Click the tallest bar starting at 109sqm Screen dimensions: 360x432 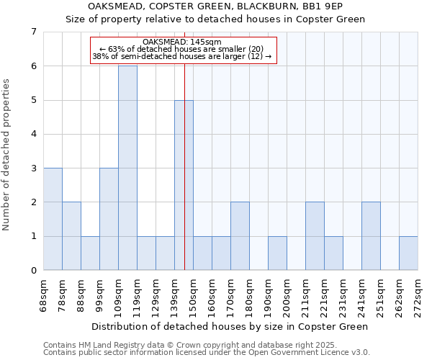coord(127,168)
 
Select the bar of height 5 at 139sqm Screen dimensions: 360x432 coord(184,185)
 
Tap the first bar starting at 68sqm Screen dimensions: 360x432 coord(53,219)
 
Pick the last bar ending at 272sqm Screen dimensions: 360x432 coord(408,253)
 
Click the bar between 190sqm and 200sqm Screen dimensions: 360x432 coord(277,253)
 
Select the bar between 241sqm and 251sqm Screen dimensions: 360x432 coord(371,236)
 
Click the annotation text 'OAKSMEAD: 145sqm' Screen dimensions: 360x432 coord(183,42)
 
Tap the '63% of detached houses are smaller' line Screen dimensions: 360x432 coord(183,49)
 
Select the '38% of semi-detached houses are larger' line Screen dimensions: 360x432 coord(183,56)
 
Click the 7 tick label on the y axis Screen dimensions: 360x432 coord(33,32)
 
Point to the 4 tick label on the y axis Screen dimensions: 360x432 coord(33,134)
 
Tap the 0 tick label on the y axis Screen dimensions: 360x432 coord(33,271)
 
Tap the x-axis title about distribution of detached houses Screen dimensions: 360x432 coord(230,326)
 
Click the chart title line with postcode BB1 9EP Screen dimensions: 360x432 coord(215,6)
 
